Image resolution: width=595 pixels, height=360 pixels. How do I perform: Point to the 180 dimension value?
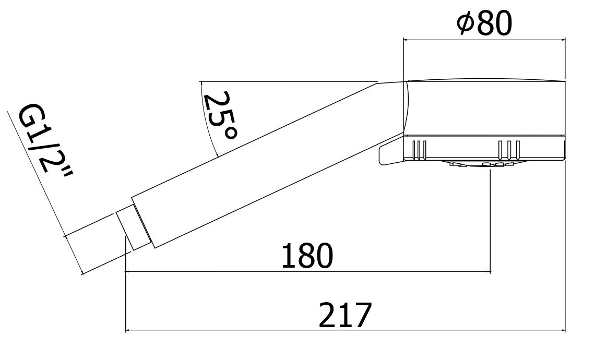tap(306, 256)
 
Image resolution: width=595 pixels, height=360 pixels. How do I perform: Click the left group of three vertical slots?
tap(419, 149)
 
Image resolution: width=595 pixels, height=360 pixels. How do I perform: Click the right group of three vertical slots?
tap(508, 149)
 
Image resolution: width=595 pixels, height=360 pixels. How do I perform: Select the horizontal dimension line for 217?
tap(344, 330)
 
